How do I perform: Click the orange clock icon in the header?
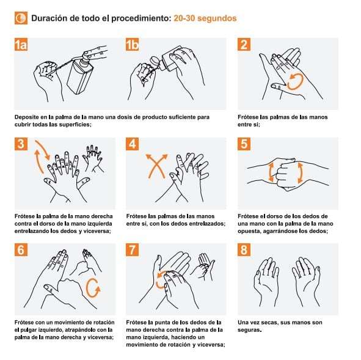(x=21, y=18)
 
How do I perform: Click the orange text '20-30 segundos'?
(x=205, y=18)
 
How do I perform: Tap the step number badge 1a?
(x=21, y=45)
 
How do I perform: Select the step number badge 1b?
(x=132, y=45)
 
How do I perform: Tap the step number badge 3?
(x=21, y=144)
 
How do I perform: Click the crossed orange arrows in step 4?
(x=156, y=166)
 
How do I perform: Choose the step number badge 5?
(x=244, y=144)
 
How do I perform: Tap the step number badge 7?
(x=132, y=249)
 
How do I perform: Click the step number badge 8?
(x=244, y=249)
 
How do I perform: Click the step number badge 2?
(x=244, y=45)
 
